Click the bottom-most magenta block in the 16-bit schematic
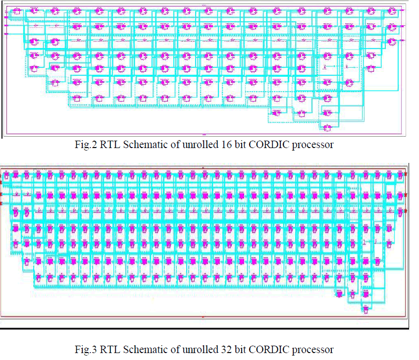326,128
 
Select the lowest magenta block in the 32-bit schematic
365,309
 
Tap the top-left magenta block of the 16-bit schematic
16,11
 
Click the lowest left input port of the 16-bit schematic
6,34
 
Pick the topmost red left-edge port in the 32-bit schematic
2,175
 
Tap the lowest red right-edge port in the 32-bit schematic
406,210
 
